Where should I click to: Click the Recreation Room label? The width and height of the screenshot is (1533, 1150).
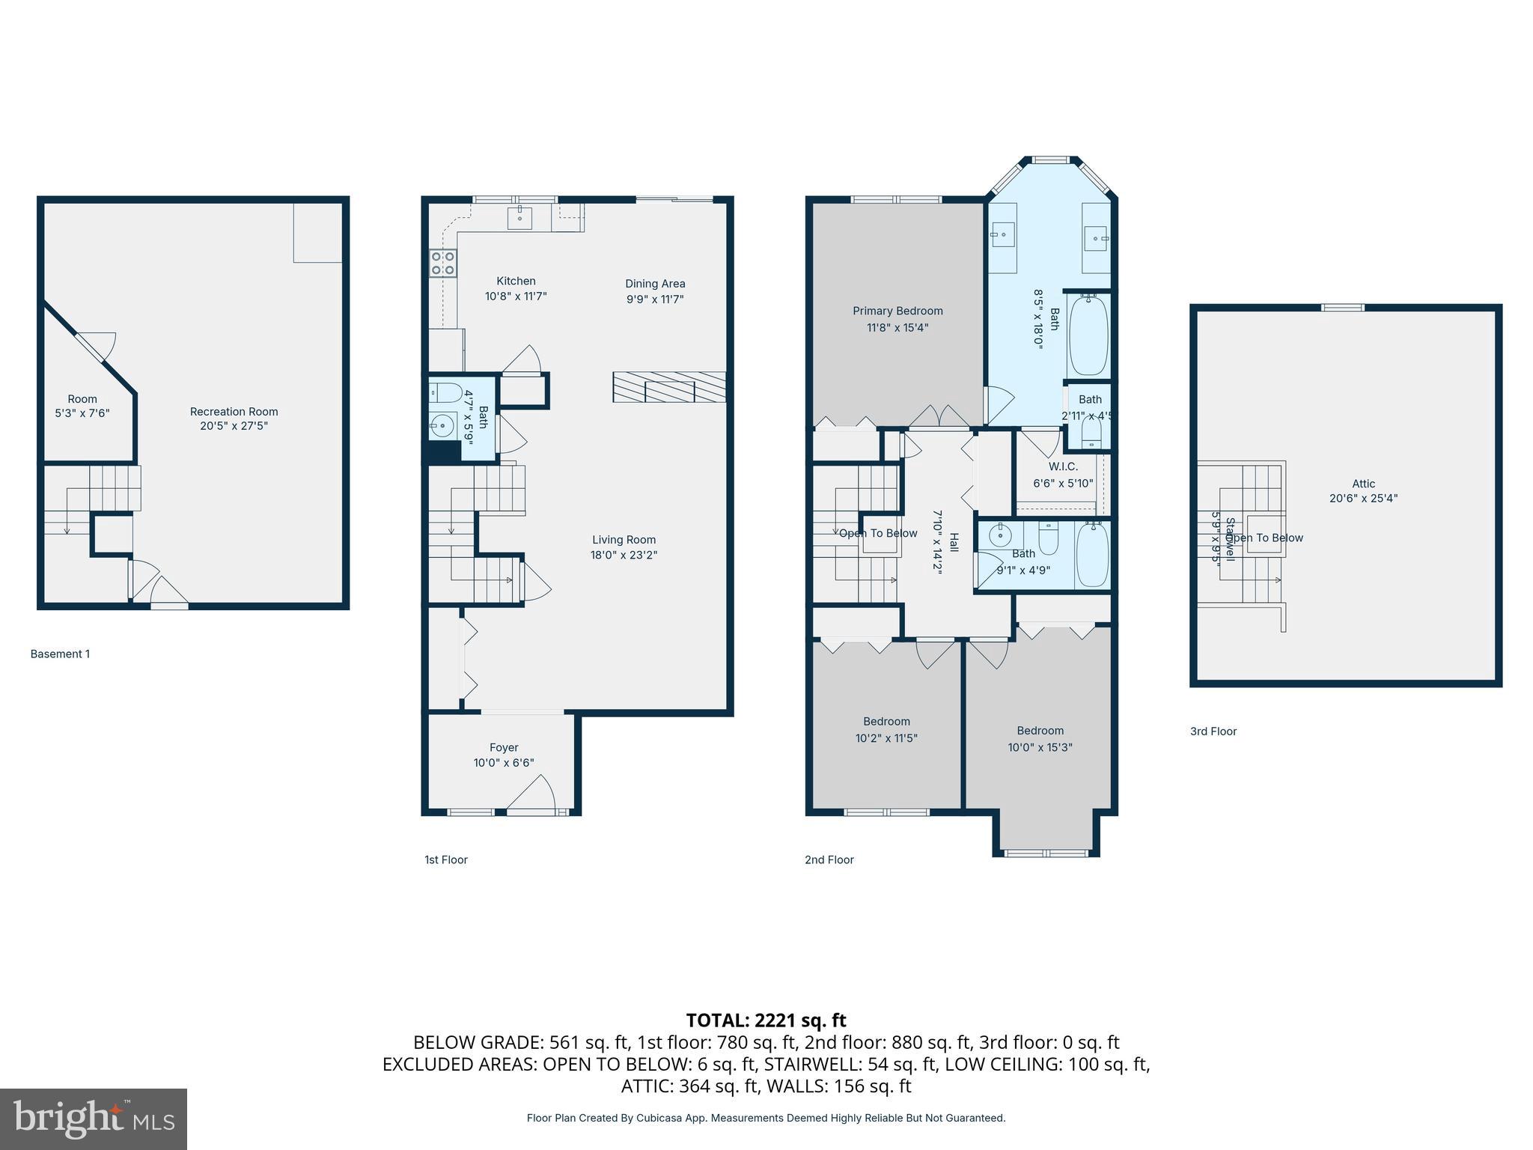click(x=234, y=411)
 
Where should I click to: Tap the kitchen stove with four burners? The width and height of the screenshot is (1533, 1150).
click(x=443, y=264)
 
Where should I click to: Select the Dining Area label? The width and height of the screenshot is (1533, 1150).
click(x=655, y=284)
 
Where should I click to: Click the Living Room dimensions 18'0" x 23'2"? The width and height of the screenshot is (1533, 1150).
click(x=624, y=555)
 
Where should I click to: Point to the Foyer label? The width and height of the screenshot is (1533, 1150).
click(x=504, y=747)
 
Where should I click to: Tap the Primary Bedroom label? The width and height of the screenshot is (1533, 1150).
click(x=897, y=311)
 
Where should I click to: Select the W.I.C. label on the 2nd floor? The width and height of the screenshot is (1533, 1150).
click(x=1063, y=466)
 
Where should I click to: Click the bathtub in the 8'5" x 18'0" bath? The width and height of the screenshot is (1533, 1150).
click(x=1088, y=335)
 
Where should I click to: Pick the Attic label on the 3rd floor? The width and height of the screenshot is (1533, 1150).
click(x=1363, y=484)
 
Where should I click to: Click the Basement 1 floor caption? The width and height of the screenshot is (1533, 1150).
click(x=60, y=654)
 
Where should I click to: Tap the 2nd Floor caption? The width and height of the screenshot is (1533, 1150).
click(x=829, y=860)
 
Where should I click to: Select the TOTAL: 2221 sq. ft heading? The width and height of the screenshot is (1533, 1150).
click(x=766, y=1020)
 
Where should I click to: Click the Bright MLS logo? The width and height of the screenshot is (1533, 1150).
click(x=94, y=1119)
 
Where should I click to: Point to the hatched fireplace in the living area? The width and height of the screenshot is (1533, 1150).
click(x=669, y=387)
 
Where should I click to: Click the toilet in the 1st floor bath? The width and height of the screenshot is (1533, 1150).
click(x=445, y=392)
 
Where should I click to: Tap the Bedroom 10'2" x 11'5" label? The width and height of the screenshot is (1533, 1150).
click(x=886, y=722)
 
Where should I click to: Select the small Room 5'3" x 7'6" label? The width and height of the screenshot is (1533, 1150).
click(x=82, y=399)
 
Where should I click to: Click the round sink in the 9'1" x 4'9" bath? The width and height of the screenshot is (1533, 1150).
click(x=999, y=535)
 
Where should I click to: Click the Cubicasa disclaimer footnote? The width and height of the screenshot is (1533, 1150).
click(x=766, y=1118)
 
